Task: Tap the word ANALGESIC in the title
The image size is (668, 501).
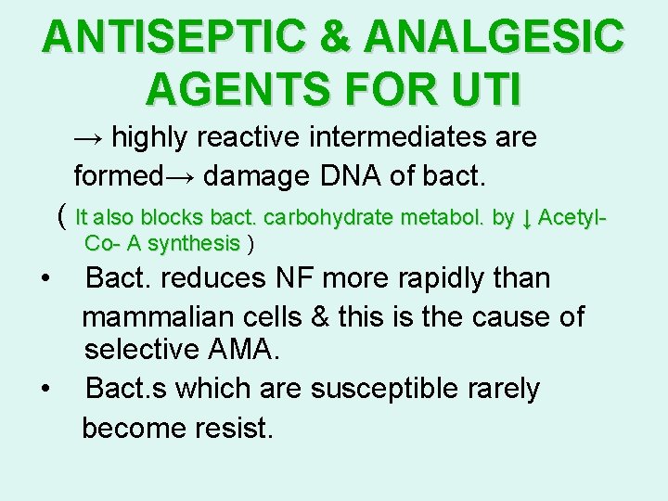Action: (x=495, y=37)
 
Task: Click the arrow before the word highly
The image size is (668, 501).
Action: (x=90, y=137)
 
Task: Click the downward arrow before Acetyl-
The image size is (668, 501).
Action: (x=526, y=218)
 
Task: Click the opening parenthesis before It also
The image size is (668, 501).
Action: (x=61, y=217)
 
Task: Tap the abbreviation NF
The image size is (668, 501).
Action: (x=284, y=277)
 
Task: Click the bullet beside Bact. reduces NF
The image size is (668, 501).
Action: (x=45, y=278)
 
